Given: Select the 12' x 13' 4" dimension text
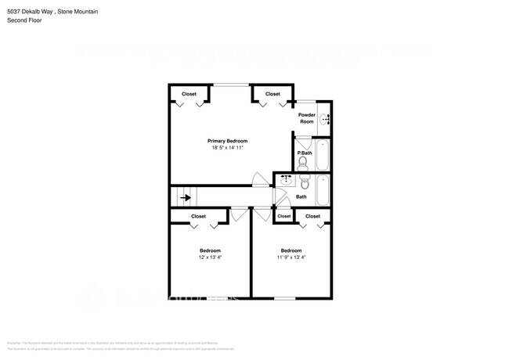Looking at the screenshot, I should (210, 257).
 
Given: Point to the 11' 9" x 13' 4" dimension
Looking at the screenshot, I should (291, 257).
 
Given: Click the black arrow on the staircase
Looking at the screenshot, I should (186, 198).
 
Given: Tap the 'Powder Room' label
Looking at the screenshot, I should (307, 118).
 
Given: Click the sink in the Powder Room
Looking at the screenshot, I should (327, 120).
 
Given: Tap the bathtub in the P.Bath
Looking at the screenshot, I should (323, 154).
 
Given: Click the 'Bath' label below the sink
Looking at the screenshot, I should (301, 197).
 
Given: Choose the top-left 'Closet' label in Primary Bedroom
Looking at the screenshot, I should (190, 94).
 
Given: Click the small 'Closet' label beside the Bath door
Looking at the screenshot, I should (283, 216).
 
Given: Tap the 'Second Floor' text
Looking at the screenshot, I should (23, 20).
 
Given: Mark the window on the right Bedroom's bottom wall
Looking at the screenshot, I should (284, 298).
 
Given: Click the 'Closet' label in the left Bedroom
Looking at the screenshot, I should (199, 216).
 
